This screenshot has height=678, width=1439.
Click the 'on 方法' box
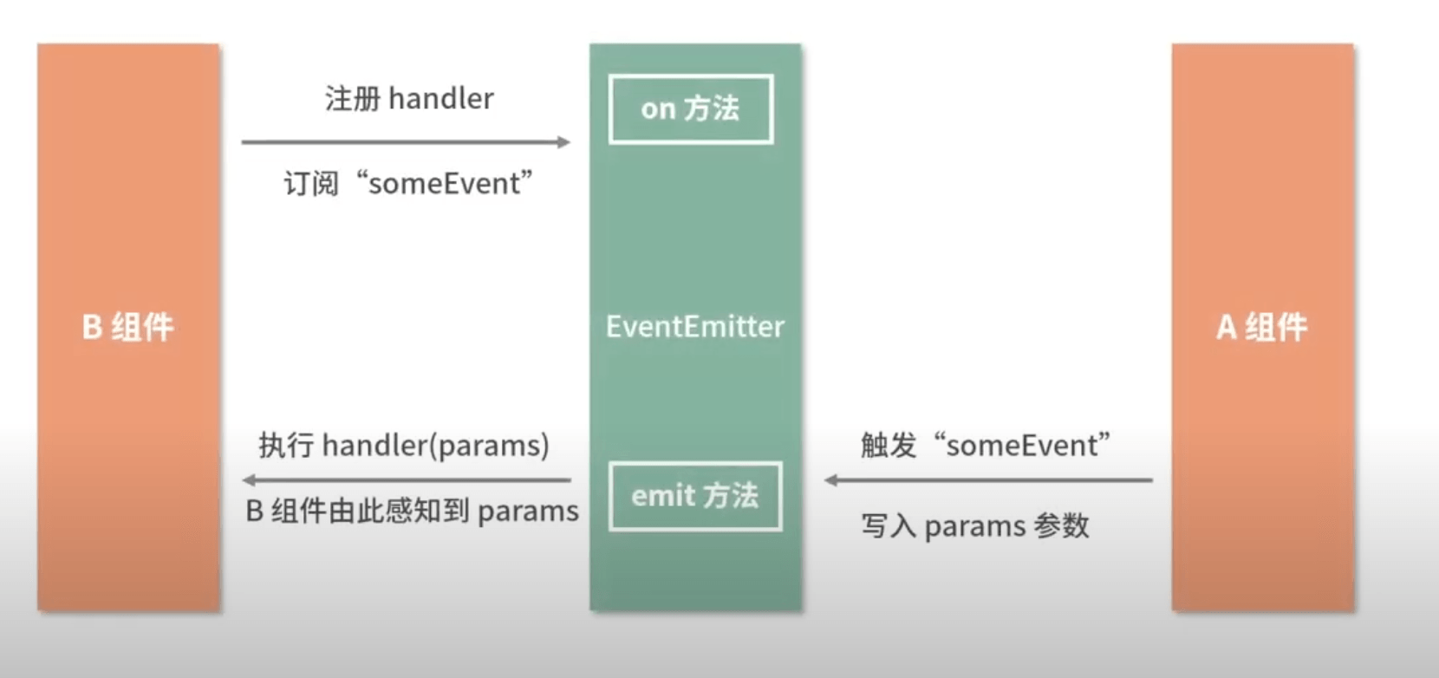click(691, 109)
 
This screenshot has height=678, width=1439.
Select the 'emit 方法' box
click(695, 496)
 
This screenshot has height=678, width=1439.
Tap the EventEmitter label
click(695, 327)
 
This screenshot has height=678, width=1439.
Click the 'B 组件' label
click(128, 328)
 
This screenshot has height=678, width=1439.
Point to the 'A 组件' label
click(1262, 328)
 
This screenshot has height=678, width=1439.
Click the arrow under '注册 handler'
click(406, 141)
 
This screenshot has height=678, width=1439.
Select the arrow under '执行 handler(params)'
click(406, 479)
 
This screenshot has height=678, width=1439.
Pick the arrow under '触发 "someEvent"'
click(988, 479)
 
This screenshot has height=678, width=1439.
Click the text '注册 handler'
click(409, 99)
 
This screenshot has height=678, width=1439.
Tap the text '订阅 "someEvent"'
click(407, 184)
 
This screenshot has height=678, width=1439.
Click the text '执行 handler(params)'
click(404, 446)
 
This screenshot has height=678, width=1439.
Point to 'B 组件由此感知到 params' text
click(412, 512)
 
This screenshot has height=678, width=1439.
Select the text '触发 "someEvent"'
click(986, 446)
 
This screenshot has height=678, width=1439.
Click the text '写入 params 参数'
click(974, 526)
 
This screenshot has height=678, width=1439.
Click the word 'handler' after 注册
click(441, 99)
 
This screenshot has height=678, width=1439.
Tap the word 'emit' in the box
click(663, 496)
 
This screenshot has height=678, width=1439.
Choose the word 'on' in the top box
click(658, 109)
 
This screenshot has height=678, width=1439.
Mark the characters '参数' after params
click(1062, 526)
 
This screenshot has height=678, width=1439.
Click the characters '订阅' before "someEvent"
click(311, 184)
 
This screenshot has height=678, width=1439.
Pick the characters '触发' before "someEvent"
click(889, 446)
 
